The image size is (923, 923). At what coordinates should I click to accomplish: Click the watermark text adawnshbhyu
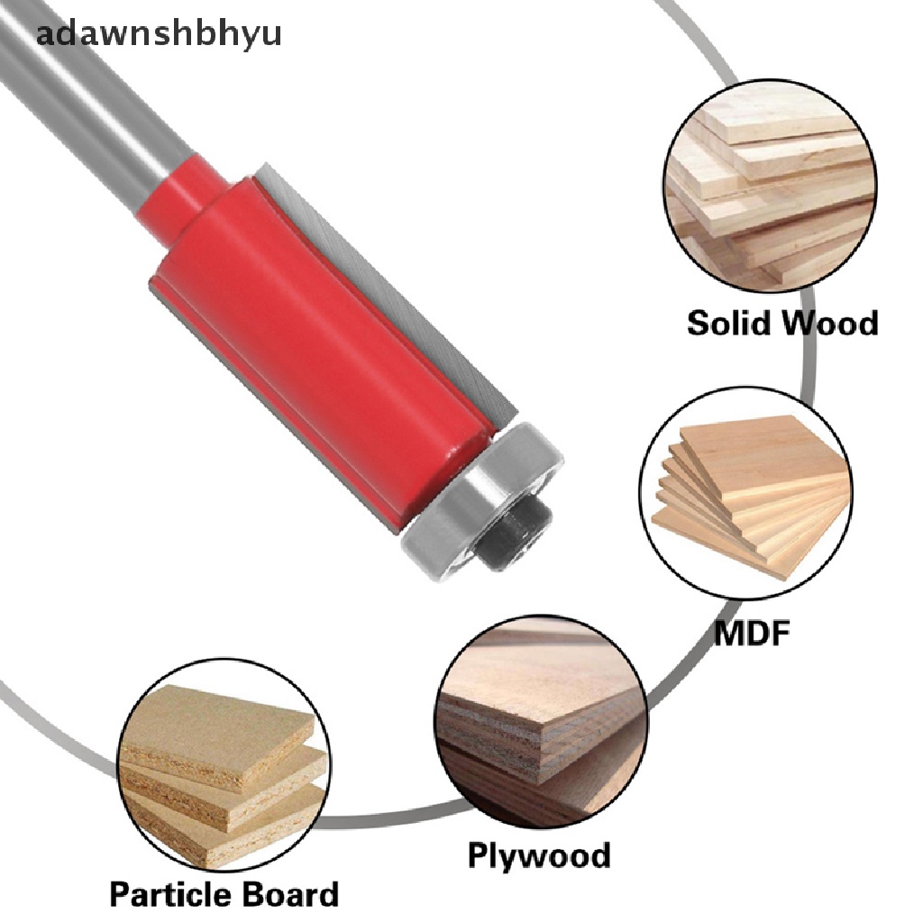[159, 34]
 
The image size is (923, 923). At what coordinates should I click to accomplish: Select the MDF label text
[752, 633]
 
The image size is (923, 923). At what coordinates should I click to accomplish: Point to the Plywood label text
[538, 854]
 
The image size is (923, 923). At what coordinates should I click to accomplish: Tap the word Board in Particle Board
[291, 895]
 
